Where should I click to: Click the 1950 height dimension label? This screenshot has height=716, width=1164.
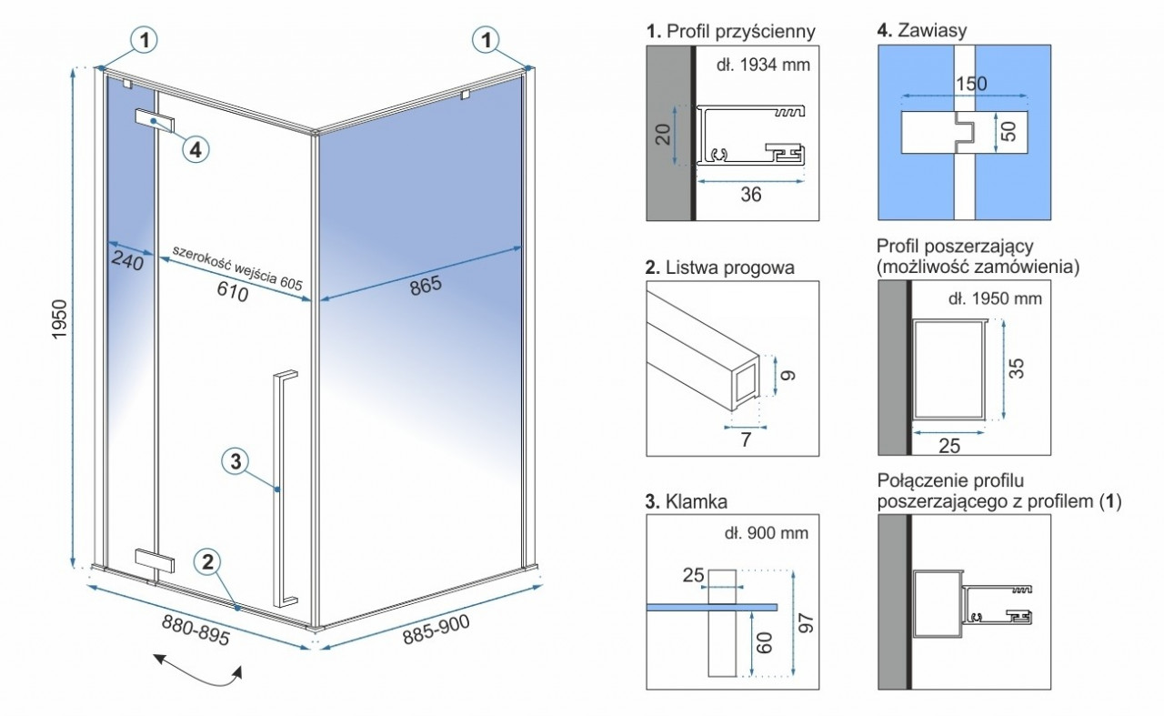coord(61,318)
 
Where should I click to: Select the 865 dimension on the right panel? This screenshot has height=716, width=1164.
coord(424,285)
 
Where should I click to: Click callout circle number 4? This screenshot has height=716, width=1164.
coord(196,148)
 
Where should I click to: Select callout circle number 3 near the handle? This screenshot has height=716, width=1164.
coord(235,461)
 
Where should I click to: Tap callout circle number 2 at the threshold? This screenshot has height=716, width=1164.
coord(208,562)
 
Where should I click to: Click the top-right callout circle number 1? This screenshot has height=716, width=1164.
coord(487,39)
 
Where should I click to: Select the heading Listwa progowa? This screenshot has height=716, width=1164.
coord(720,267)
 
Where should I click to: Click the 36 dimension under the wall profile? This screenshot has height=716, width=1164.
coord(750,194)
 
